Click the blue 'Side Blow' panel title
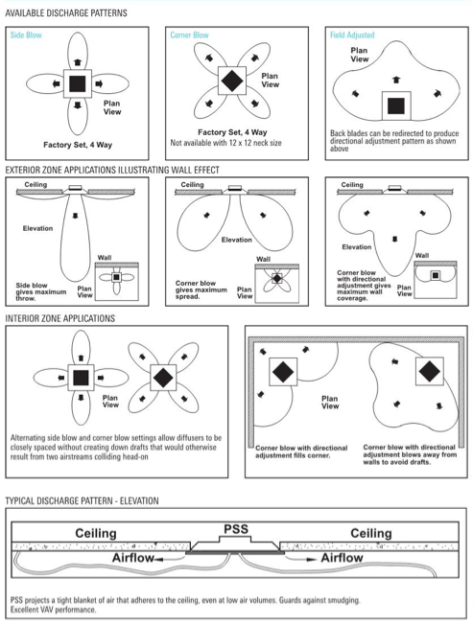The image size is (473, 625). tap(26, 35)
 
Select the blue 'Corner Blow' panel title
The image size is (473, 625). tap(189, 35)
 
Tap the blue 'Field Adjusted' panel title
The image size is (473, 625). tap(352, 35)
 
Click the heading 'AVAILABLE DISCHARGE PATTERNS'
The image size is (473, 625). tap(66, 13)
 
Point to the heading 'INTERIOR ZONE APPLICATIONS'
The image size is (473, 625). tap(59, 318)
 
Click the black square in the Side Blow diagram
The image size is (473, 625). tap(78, 84)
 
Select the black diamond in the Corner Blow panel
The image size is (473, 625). tap(232, 81)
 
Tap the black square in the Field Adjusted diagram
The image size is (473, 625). tap(396, 106)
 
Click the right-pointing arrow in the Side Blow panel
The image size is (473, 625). tap(99, 83)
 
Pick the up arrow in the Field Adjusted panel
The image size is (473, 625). tap(395, 80)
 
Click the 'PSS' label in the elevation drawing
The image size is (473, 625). tap(236, 529)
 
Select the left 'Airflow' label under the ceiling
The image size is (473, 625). tap(132, 558)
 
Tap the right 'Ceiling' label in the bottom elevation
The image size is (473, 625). tap(371, 533)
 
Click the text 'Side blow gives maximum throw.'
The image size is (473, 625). tap(40, 291)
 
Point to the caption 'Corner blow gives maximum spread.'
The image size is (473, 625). tap(201, 289)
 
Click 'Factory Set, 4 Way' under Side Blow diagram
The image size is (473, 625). tap(78, 145)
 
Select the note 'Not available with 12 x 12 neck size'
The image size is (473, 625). tap(225, 143)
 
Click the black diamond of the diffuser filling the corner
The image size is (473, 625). tap(283, 372)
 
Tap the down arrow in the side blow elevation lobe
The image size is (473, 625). tap(75, 216)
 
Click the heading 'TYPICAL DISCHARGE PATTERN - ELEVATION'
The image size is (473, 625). tap(82, 500)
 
